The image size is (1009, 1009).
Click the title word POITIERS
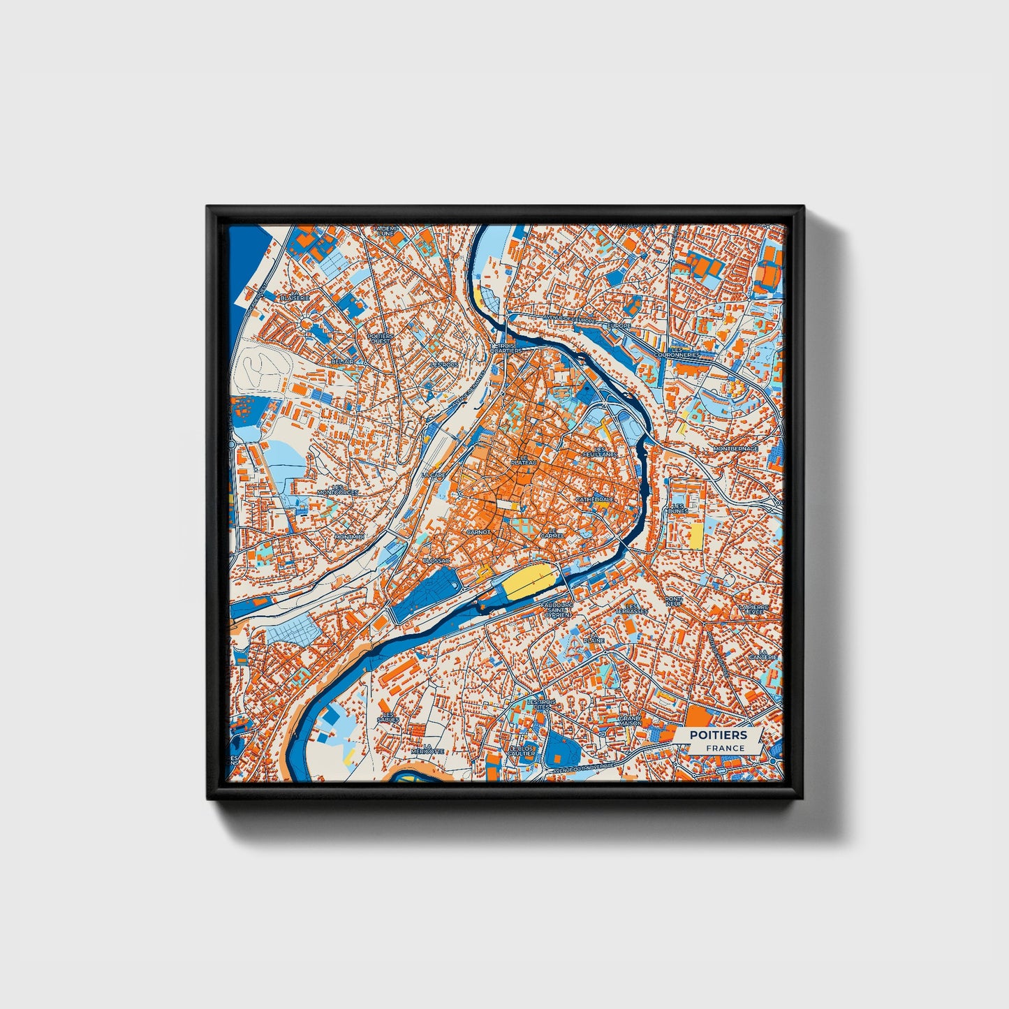[x=718, y=735]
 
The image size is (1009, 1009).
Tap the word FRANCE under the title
[x=725, y=748]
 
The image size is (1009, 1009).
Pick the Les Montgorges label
[x=337, y=489]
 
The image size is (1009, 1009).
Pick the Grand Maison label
[x=630, y=720]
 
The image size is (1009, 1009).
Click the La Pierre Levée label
[x=758, y=610]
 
